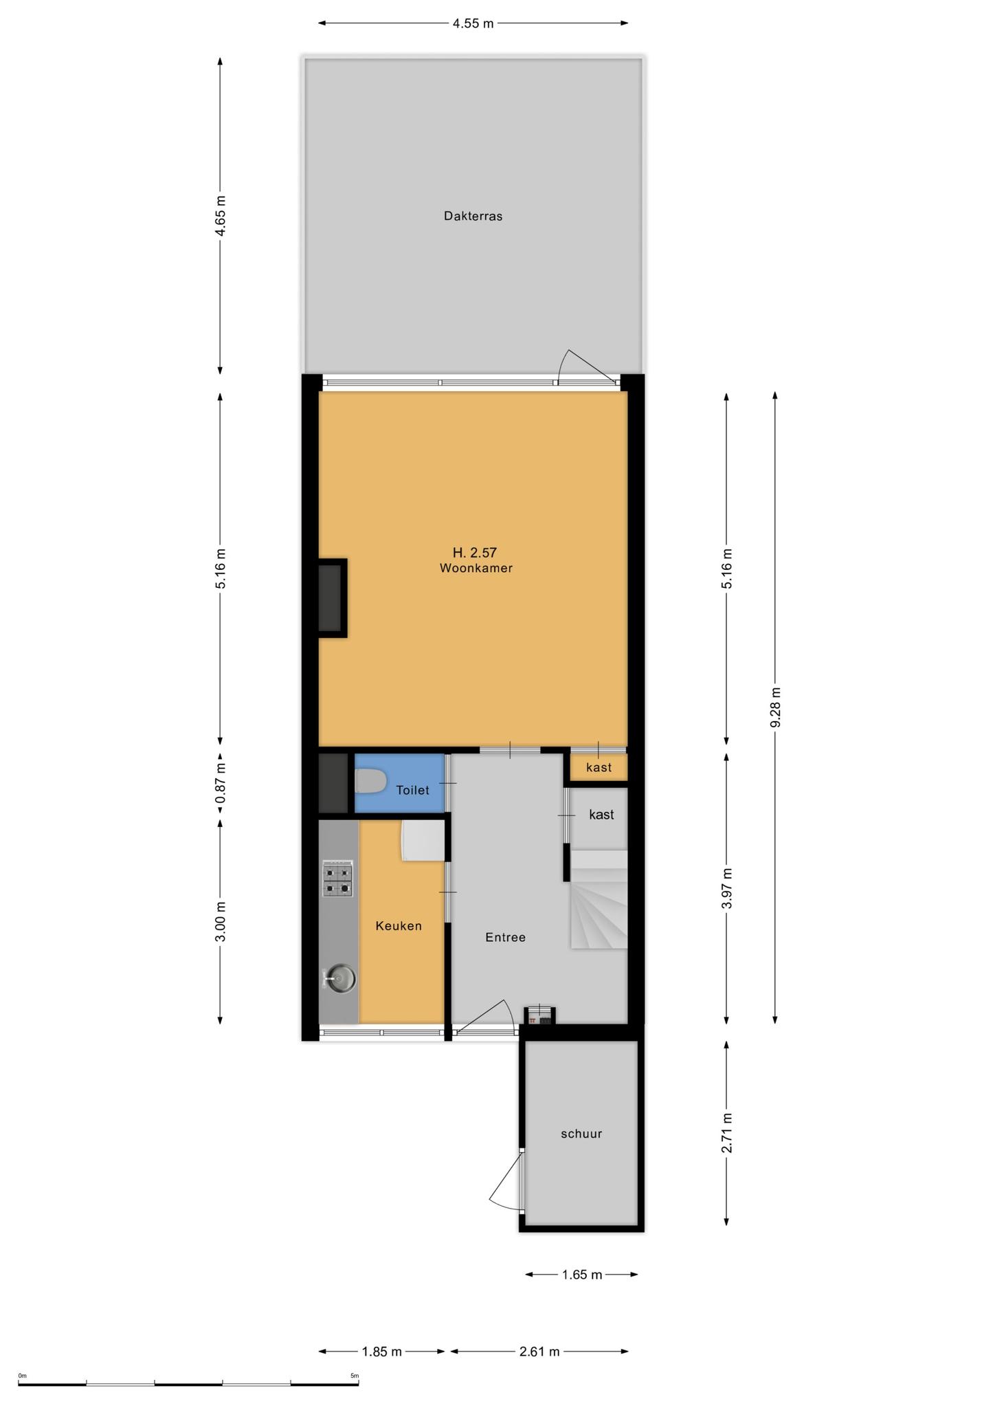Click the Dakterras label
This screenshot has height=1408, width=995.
tap(473, 216)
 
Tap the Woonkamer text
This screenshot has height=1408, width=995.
tap(476, 569)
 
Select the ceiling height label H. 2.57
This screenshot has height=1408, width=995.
tap(474, 552)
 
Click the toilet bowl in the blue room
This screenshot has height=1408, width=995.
tap(370, 782)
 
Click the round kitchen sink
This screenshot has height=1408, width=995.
tap(340, 977)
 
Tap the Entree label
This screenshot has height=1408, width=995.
tap(505, 937)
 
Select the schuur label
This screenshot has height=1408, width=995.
tap(581, 1134)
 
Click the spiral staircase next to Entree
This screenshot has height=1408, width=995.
tap(599, 899)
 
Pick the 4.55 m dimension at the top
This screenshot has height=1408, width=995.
tap(473, 23)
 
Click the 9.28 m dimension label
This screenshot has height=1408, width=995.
tap(775, 707)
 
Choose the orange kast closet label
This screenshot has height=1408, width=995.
tap(599, 767)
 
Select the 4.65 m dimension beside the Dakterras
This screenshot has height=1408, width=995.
tap(220, 216)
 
